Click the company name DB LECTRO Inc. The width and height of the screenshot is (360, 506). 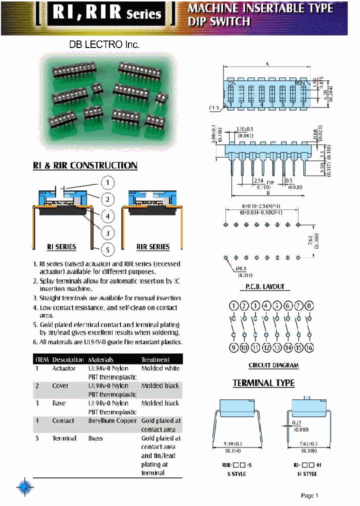(x=104, y=44)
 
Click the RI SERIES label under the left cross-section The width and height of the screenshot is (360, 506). (x=61, y=247)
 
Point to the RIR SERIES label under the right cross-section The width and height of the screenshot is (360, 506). (x=153, y=247)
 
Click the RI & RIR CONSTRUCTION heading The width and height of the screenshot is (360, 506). (x=85, y=165)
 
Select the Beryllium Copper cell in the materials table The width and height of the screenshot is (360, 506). (x=112, y=421)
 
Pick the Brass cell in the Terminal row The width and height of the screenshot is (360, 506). (x=95, y=438)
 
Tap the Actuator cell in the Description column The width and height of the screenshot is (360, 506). (x=64, y=368)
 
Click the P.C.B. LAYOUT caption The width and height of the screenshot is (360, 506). (x=265, y=286)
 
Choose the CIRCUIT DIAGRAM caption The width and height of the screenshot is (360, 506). (x=273, y=365)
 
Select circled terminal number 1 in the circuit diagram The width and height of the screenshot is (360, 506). (x=233, y=306)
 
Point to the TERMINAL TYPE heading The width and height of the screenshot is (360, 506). (x=263, y=383)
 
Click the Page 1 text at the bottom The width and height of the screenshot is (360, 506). (x=309, y=495)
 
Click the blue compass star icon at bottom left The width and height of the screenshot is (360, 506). (x=24, y=487)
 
